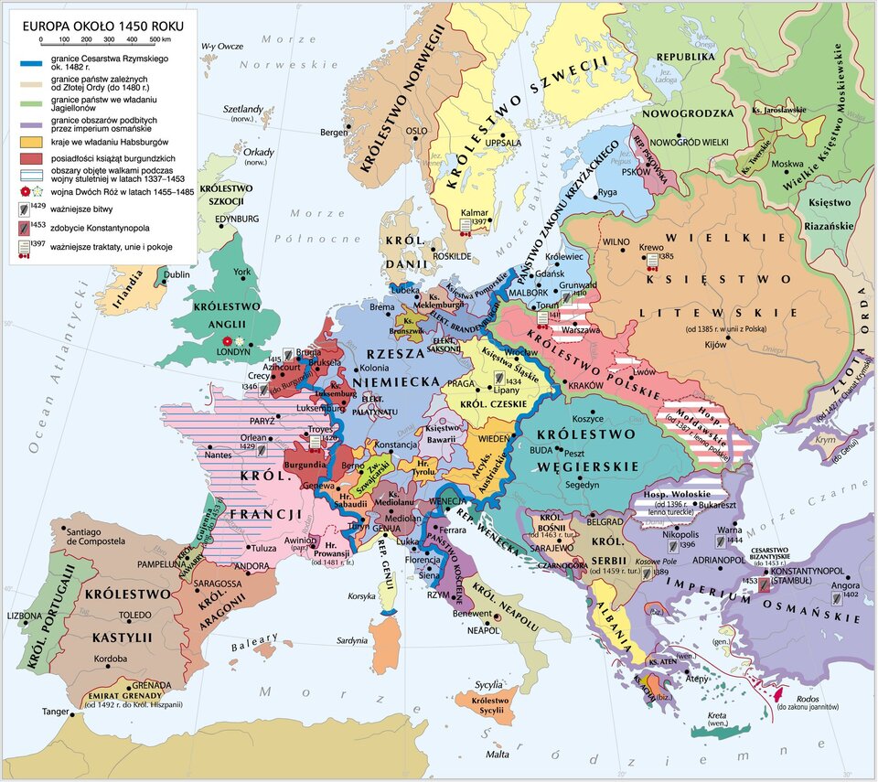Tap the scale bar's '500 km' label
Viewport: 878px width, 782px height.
(x=159, y=40)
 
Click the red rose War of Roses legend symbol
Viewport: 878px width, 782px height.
(x=24, y=192)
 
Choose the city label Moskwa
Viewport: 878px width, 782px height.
(x=787, y=165)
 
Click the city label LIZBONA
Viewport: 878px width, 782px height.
(x=25, y=616)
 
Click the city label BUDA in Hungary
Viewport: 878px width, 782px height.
(x=541, y=451)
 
